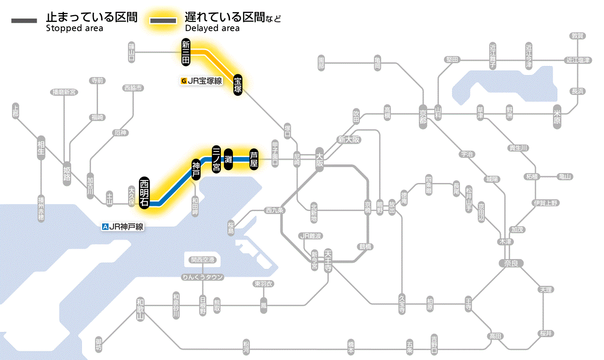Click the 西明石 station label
point(144,193)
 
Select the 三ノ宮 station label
point(217,159)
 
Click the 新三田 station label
point(186,53)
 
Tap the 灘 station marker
point(229,159)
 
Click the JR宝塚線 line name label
point(202,80)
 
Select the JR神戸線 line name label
point(123,226)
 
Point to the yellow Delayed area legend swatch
point(163,20)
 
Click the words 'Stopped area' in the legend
point(74,28)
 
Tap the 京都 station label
point(423,114)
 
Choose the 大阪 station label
point(319,159)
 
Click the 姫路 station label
point(67,174)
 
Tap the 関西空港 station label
point(202,260)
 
